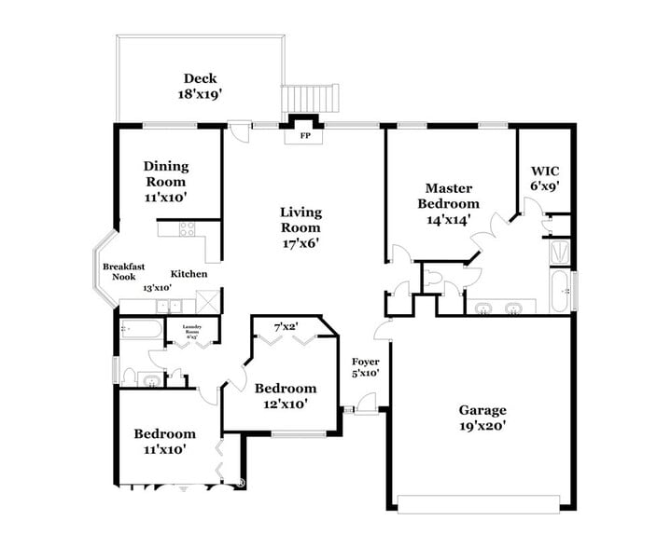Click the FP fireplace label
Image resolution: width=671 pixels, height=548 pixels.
[304, 136]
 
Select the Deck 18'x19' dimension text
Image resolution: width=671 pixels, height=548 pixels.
[201, 94]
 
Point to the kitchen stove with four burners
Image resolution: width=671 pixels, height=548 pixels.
[187, 228]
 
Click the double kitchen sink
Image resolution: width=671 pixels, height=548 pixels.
[169, 305]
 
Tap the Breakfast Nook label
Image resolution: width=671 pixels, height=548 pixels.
[123, 271]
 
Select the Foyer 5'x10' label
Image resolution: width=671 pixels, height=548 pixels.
[365, 367]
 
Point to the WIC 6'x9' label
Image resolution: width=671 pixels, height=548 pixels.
[544, 178]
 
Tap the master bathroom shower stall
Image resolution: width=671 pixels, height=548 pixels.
[560, 252]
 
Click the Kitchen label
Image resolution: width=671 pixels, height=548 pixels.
[189, 273]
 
